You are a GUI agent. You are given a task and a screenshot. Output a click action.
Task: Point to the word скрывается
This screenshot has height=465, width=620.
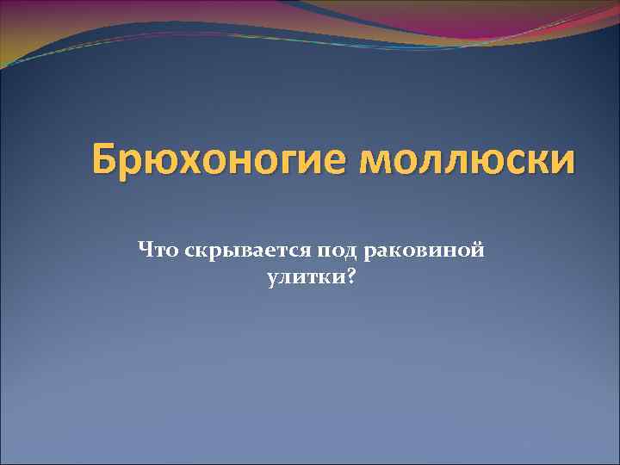232,251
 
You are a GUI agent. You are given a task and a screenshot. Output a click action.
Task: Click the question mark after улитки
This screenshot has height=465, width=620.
350,277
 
